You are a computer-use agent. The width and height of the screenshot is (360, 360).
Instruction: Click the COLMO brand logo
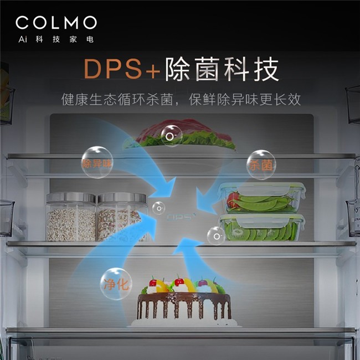click(56, 23)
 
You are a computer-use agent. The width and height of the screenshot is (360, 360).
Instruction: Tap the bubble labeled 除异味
click(96, 162)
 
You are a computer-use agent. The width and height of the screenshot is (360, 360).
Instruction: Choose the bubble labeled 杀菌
click(261, 164)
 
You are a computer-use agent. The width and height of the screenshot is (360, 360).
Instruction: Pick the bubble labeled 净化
click(116, 284)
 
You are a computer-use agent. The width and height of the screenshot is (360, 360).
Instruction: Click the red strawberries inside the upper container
click(233, 200)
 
